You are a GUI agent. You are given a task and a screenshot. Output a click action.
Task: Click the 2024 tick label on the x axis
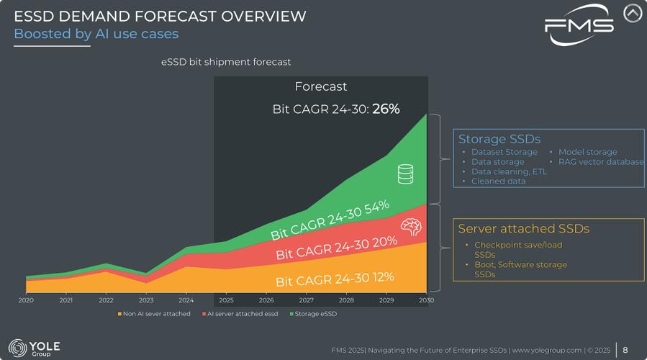[186, 300]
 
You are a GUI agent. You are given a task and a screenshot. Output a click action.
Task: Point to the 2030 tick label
[426, 300]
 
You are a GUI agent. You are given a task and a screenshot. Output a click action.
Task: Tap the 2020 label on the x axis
[26, 300]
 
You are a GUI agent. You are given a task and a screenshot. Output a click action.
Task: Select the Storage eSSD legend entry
[313, 314]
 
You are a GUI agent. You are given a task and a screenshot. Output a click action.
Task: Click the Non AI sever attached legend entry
[154, 314]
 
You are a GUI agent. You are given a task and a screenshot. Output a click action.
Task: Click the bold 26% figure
[386, 109]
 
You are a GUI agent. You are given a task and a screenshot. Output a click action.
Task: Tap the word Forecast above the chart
[321, 86]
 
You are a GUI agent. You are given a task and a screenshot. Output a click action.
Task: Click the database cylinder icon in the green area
[405, 174]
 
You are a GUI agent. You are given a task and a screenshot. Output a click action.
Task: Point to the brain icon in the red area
[410, 228]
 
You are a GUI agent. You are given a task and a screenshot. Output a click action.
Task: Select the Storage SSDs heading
[499, 139]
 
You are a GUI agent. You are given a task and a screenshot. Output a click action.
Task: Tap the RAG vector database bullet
[601, 162]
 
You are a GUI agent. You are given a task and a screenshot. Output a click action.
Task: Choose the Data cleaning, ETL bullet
[509, 171]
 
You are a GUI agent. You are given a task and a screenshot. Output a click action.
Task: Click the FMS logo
[579, 24]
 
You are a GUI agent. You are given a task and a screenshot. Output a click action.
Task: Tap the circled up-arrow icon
[632, 13]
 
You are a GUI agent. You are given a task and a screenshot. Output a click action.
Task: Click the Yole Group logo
[35, 347]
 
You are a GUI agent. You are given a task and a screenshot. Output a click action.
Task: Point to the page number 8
[625, 350]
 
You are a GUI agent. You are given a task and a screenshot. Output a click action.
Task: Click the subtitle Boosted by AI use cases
[96, 34]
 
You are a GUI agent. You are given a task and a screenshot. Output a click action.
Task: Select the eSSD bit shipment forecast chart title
[226, 63]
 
